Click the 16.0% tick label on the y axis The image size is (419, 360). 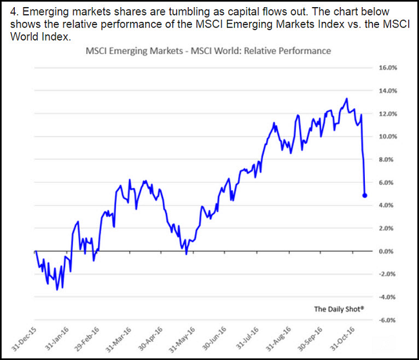pos(387,68)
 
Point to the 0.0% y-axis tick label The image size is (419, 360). pos(388,251)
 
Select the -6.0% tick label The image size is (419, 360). pos(387,320)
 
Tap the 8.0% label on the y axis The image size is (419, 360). pos(388,160)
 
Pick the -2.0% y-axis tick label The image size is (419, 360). pos(387,274)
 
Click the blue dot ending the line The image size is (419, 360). pos(365,195)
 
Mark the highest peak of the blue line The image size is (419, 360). pos(347,99)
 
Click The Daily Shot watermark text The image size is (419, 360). pos(339,309)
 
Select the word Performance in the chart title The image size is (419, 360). pos(306,50)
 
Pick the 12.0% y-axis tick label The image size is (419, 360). pos(387,114)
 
